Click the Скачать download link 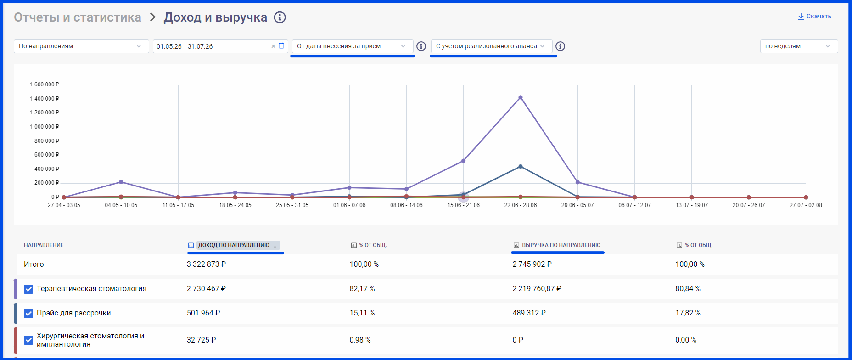814,17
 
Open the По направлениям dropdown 81,46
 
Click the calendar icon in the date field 281,46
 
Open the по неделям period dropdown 799,46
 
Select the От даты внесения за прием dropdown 352,46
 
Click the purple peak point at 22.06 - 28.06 520,97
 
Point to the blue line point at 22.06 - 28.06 520,167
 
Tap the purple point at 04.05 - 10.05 121,182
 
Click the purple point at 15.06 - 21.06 463,161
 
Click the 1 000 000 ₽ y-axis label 45,127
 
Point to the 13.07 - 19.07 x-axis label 692,205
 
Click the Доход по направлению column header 234,245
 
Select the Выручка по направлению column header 557,245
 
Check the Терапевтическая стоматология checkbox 28,289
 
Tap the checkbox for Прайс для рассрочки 28,314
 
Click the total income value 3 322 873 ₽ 206,264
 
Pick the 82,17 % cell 362,289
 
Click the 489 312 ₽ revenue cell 529,313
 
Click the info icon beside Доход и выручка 280,17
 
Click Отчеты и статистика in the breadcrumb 78,17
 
